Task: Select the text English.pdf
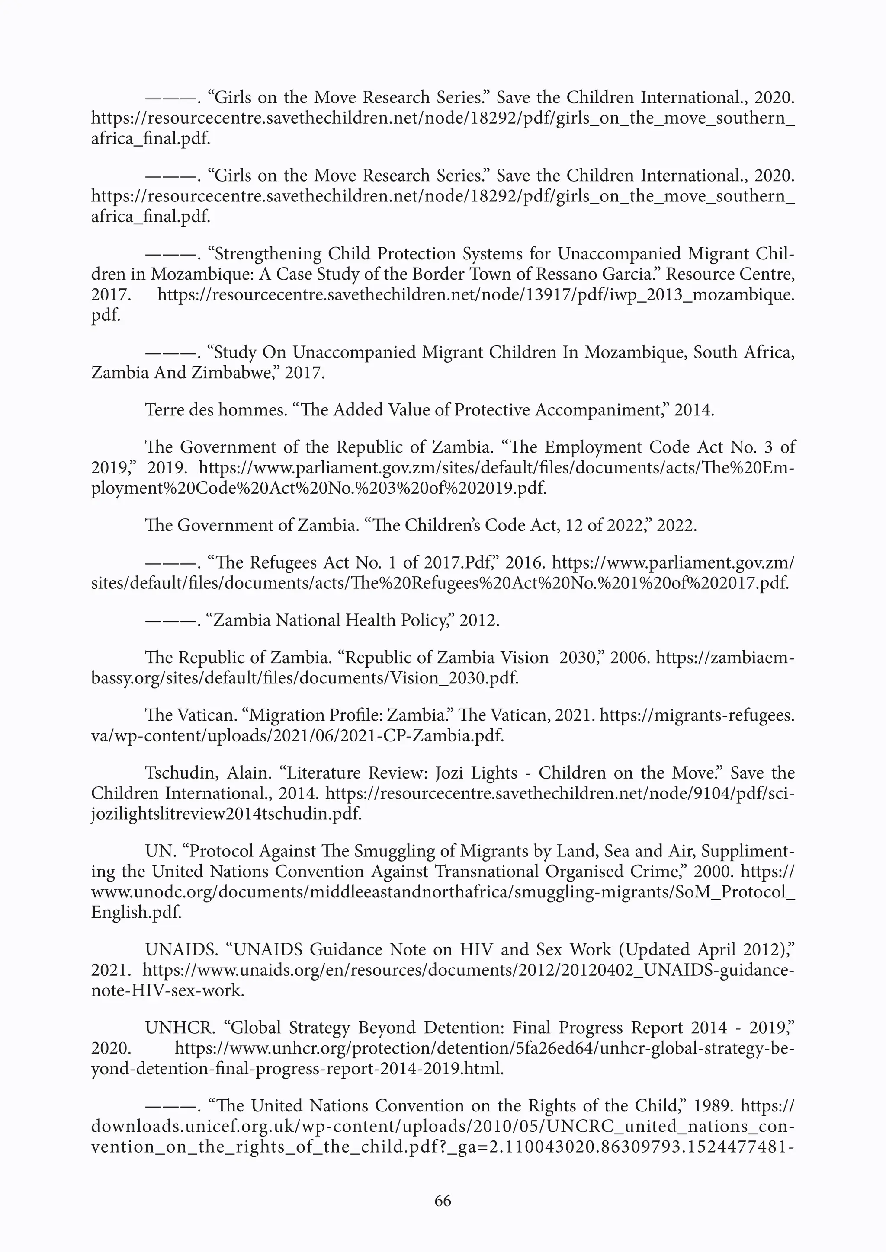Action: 136,912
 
